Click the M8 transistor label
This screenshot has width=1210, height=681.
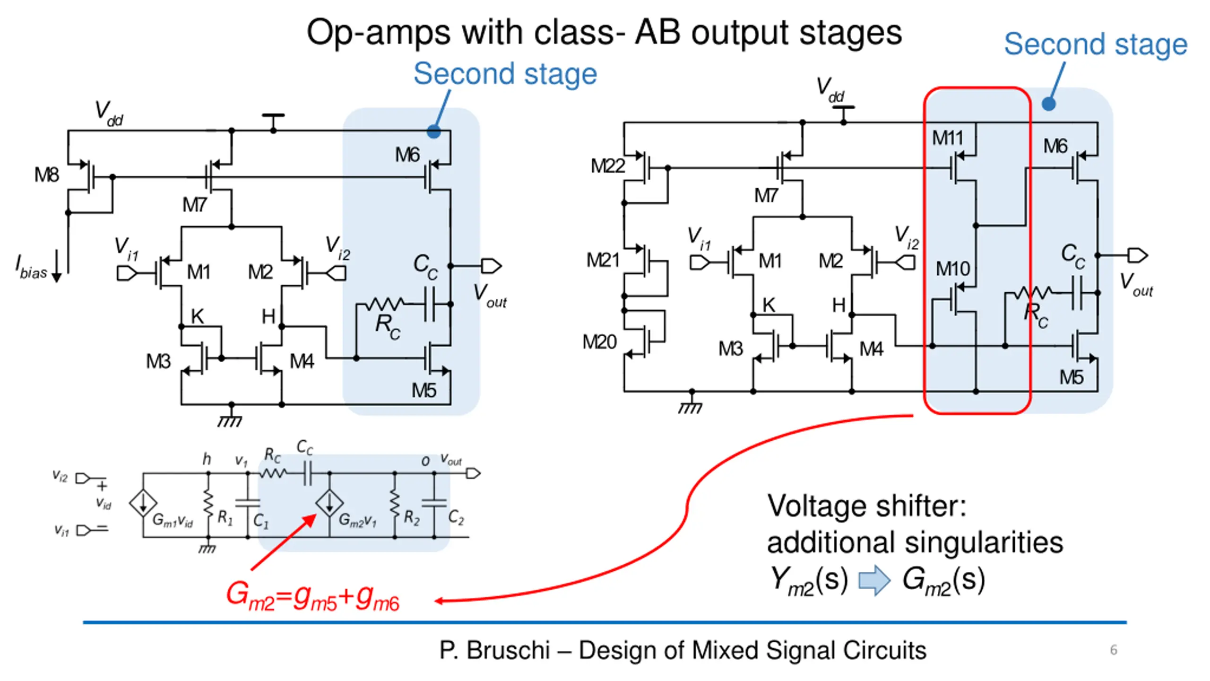pyautogui.click(x=47, y=175)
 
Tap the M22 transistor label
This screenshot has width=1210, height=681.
pyautogui.click(x=608, y=166)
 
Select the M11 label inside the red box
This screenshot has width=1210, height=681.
pyautogui.click(x=947, y=138)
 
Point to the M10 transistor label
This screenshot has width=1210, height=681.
pyautogui.click(x=952, y=269)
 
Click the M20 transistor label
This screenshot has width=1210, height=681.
pyautogui.click(x=599, y=342)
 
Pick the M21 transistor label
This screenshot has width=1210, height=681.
pyautogui.click(x=603, y=260)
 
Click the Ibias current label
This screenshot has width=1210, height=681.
pyautogui.click(x=32, y=268)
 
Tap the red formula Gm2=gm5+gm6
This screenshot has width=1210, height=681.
pyautogui.click(x=313, y=596)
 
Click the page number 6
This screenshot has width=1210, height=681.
pyautogui.click(x=1114, y=650)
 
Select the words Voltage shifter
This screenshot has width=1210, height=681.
pyautogui.click(x=866, y=506)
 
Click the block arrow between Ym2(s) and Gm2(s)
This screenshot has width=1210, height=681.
pyautogui.click(x=874, y=580)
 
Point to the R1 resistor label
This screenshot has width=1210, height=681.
pyautogui.click(x=225, y=518)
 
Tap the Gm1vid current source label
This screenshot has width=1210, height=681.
pyautogui.click(x=173, y=520)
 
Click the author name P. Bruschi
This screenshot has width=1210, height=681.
pyautogui.click(x=494, y=650)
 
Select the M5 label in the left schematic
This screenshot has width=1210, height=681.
pyautogui.click(x=423, y=391)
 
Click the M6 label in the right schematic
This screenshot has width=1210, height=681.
pyautogui.click(x=1055, y=146)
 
